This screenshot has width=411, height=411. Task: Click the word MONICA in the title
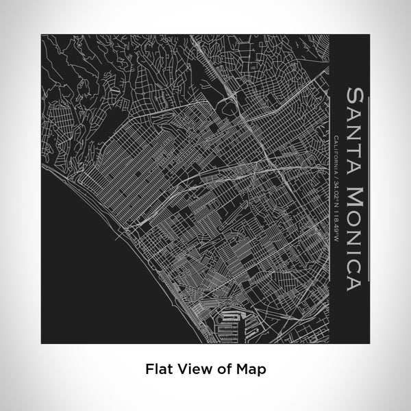point(356,229)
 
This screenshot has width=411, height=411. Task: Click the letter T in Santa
point(356,145)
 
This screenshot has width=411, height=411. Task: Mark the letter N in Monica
point(356,229)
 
